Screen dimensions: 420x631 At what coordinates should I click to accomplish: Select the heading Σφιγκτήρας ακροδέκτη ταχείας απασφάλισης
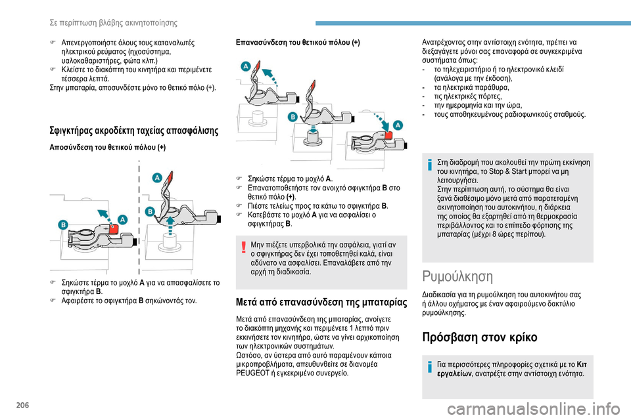point(133,130)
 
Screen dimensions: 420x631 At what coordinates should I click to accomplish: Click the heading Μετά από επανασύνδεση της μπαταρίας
point(321,303)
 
